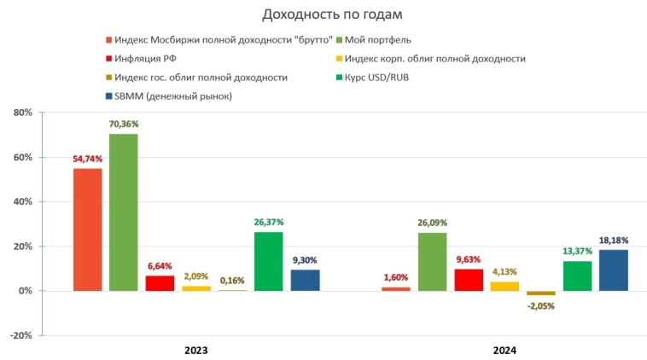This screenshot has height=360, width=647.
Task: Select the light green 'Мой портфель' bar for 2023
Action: click(x=123, y=212)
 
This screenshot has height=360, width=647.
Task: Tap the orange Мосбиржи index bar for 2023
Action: click(x=87, y=229)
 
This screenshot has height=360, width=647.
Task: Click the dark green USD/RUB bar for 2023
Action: click(x=268, y=261)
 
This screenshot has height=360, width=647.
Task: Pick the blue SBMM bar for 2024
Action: click(x=613, y=270)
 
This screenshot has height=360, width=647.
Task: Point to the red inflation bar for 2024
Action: click(x=468, y=280)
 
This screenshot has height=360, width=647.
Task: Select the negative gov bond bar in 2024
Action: click(x=540, y=293)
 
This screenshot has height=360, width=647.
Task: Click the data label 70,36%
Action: click(x=123, y=124)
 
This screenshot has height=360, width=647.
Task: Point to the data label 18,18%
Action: click(x=613, y=240)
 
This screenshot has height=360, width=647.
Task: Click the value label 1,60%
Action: click(x=395, y=277)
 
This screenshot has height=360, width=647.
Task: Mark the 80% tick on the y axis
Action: click(x=21, y=113)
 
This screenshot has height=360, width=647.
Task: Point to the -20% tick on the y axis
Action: click(x=20, y=335)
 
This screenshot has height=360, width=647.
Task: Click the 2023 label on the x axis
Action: click(x=195, y=350)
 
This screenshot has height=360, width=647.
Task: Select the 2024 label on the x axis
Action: click(x=504, y=350)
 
